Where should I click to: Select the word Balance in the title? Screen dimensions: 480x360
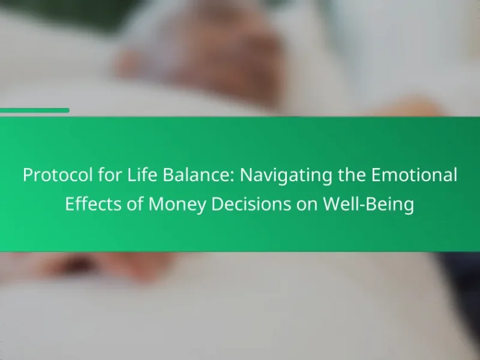196,175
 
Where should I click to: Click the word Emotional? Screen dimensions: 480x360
414,175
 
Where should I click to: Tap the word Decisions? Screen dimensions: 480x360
251,203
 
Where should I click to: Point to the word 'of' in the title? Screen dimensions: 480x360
135,203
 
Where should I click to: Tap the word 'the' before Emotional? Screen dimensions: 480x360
352,175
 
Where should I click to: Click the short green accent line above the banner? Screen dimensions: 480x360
35,110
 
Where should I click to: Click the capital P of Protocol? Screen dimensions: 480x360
28,175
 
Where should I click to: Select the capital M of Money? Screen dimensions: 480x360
155,204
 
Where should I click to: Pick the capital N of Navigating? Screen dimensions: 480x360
246,175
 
